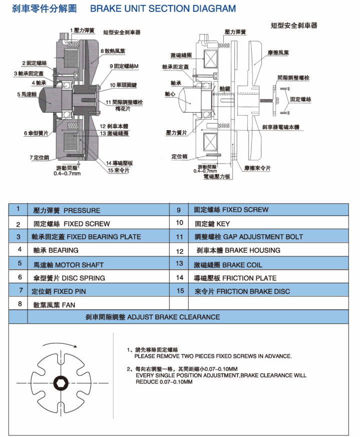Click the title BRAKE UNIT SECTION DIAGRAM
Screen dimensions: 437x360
click(x=163, y=9)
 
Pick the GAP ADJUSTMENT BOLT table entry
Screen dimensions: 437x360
click(x=248, y=237)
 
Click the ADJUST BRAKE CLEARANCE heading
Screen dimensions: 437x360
click(x=153, y=317)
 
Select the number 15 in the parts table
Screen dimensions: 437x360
click(x=180, y=290)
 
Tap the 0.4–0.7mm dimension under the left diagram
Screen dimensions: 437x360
click(x=67, y=174)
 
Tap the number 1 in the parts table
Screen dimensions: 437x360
click(x=19, y=209)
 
